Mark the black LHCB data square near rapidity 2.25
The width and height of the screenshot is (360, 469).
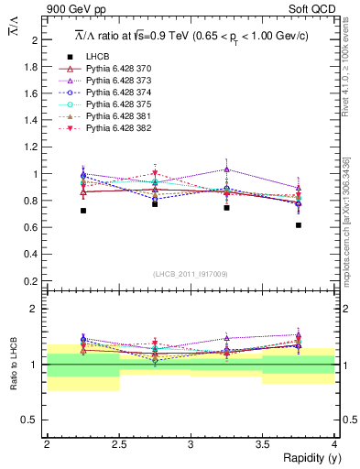click(83, 211)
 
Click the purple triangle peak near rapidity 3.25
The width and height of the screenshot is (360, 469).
click(227, 169)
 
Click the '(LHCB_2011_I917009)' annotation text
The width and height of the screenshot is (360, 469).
click(191, 274)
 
